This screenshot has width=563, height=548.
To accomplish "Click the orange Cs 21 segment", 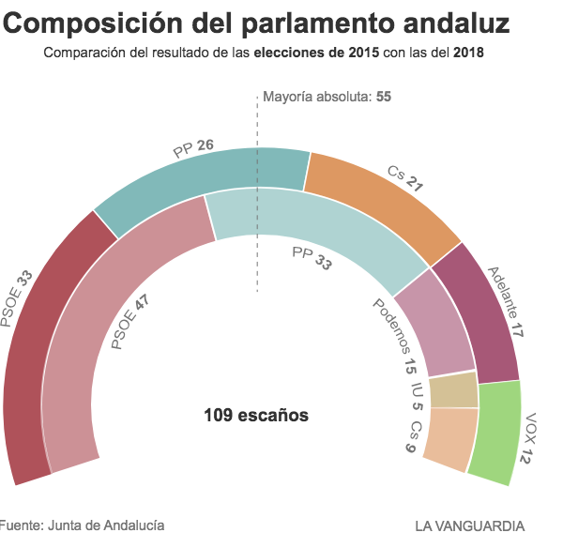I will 385,202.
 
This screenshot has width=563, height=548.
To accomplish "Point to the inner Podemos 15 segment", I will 436,324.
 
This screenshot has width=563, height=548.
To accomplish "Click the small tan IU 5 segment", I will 453,390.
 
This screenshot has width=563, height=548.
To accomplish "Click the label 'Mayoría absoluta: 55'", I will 327,97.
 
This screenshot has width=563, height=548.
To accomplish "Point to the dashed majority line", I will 257,263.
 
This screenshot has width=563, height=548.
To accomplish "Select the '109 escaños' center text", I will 256,415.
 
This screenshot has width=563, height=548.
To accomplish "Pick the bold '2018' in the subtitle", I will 468,52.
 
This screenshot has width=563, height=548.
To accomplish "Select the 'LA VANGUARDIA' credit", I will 469,525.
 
